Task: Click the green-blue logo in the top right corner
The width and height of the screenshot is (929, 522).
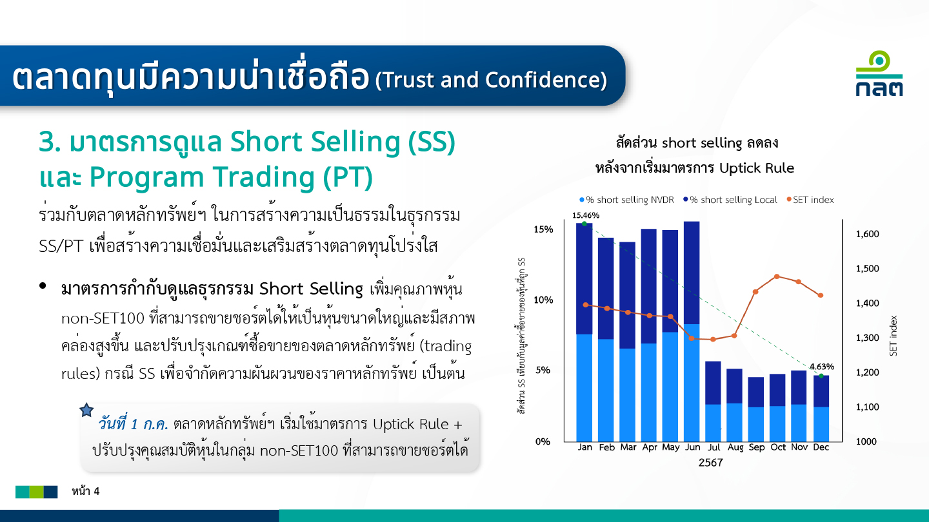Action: (x=879, y=73)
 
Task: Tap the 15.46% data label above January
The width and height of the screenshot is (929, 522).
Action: (x=586, y=215)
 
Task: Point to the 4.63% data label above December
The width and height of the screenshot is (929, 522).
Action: (x=822, y=367)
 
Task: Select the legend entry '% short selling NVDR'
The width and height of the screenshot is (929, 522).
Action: (x=626, y=200)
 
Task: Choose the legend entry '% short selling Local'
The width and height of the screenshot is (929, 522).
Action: (x=730, y=200)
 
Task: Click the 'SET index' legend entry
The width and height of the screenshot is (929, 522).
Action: (x=810, y=200)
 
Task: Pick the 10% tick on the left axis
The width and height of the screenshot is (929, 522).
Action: (x=543, y=300)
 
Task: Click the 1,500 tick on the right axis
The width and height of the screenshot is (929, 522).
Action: (x=867, y=269)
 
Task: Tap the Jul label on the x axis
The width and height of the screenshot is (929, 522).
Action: (x=714, y=447)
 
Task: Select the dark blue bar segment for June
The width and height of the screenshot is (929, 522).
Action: (x=692, y=273)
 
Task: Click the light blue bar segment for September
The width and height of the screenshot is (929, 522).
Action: (x=756, y=424)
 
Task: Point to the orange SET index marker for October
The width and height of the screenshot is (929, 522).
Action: (x=777, y=276)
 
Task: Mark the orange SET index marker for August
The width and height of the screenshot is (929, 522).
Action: (x=734, y=336)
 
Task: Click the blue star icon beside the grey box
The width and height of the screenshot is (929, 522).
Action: (x=86, y=410)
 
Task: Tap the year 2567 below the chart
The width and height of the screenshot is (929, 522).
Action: (x=710, y=463)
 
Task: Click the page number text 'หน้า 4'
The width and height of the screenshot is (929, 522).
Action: (x=85, y=491)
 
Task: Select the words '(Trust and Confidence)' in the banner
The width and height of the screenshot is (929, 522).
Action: (x=491, y=80)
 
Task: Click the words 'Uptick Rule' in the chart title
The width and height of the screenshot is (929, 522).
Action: (x=757, y=168)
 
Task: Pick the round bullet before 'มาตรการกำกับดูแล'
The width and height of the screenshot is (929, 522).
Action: (x=43, y=285)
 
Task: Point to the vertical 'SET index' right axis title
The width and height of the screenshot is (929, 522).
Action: (x=894, y=336)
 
